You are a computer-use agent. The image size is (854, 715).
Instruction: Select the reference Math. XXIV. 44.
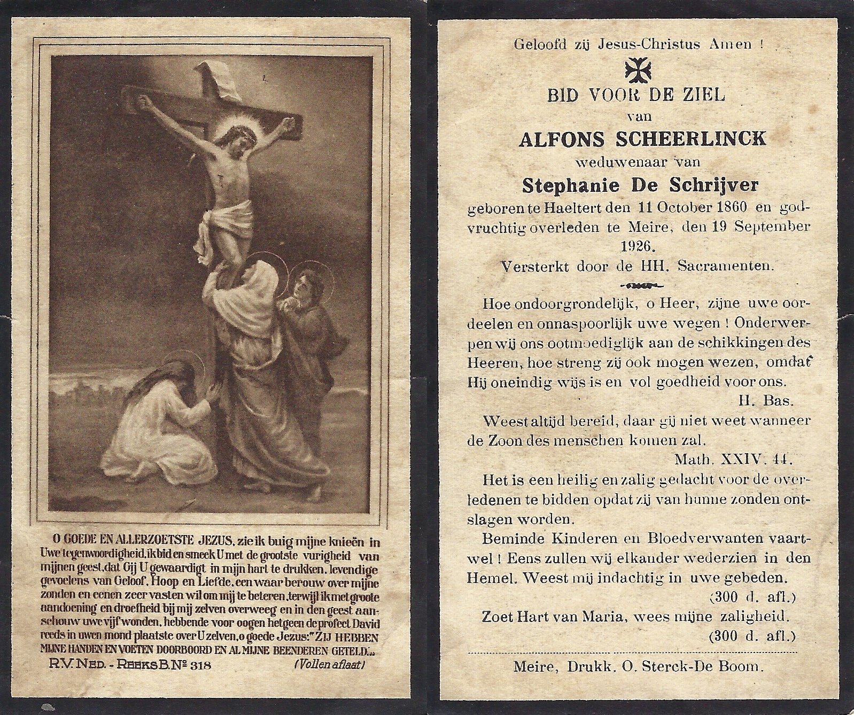[x=734, y=458]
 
